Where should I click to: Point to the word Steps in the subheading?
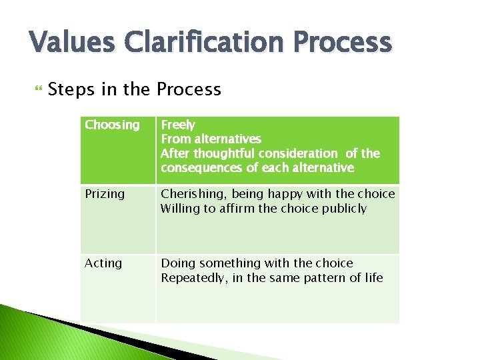tap(69, 89)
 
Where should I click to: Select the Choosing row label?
tap(112, 125)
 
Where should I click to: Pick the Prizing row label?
tap(105, 194)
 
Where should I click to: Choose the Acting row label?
tap(103, 263)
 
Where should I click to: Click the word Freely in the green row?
tap(178, 125)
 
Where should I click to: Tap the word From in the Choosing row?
tap(175, 139)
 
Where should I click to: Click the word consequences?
tap(201, 167)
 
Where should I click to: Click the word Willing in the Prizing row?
tap(179, 209)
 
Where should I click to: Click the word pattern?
tap(331, 277)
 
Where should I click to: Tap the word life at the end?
tap(374, 277)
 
